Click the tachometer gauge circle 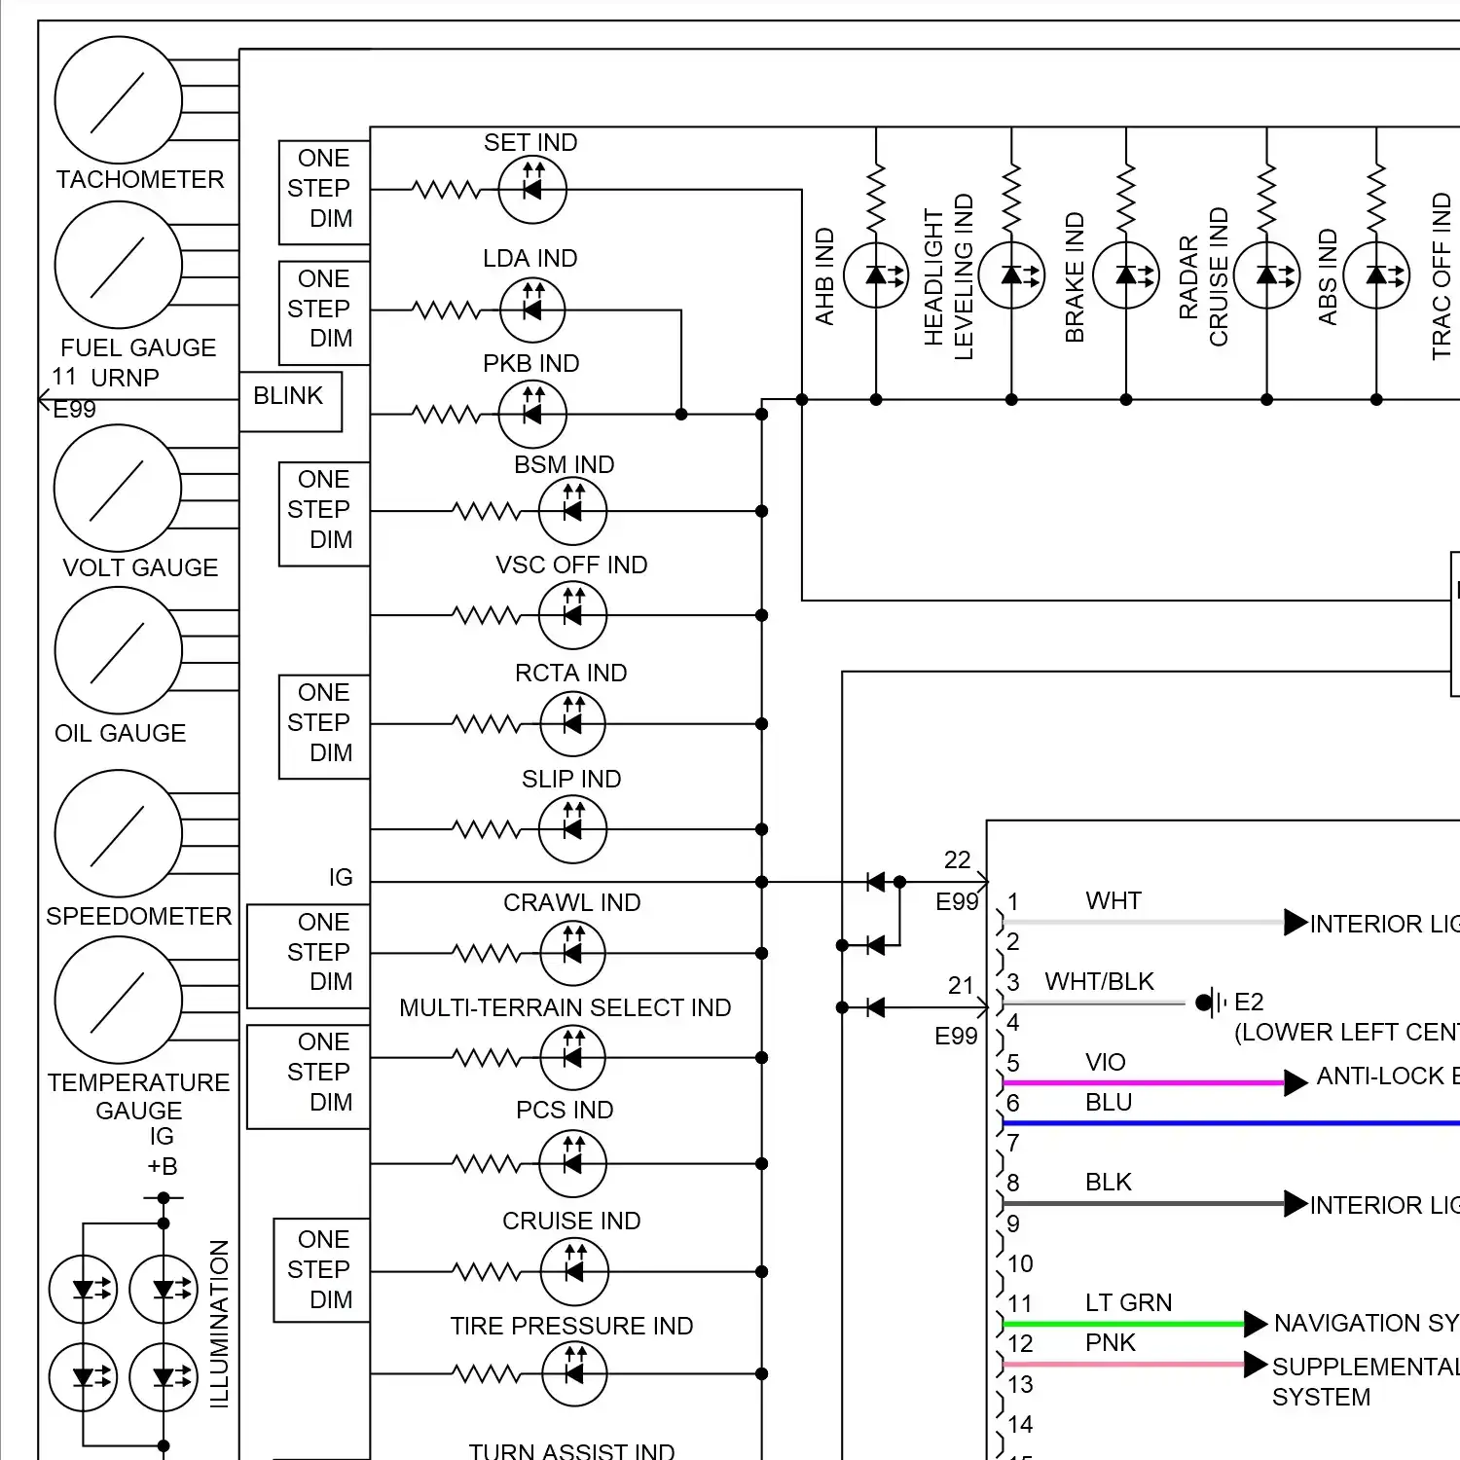tap(118, 100)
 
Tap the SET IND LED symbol tap(532, 190)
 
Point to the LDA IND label tap(530, 258)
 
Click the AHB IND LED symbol tap(876, 275)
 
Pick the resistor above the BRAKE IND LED tap(1126, 200)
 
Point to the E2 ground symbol tap(1211, 1002)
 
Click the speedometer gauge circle tap(118, 833)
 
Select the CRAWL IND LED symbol tap(572, 953)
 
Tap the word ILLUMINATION tap(220, 1324)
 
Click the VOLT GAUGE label tap(140, 567)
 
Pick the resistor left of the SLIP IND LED tap(487, 829)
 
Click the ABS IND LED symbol tap(1376, 275)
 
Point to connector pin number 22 tap(957, 859)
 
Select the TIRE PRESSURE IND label tap(571, 1326)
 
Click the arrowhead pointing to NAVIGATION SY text tap(1256, 1324)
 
